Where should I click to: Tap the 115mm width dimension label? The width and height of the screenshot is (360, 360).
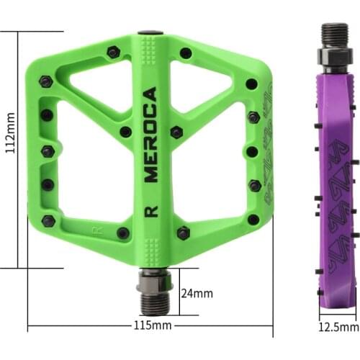click(x=153, y=325)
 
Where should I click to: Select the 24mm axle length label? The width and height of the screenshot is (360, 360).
click(x=196, y=293)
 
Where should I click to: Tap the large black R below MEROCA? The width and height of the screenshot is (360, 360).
click(x=150, y=211)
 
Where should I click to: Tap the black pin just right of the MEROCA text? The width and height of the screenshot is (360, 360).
click(x=176, y=132)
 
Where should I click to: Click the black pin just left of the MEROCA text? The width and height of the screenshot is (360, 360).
click(x=125, y=132)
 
